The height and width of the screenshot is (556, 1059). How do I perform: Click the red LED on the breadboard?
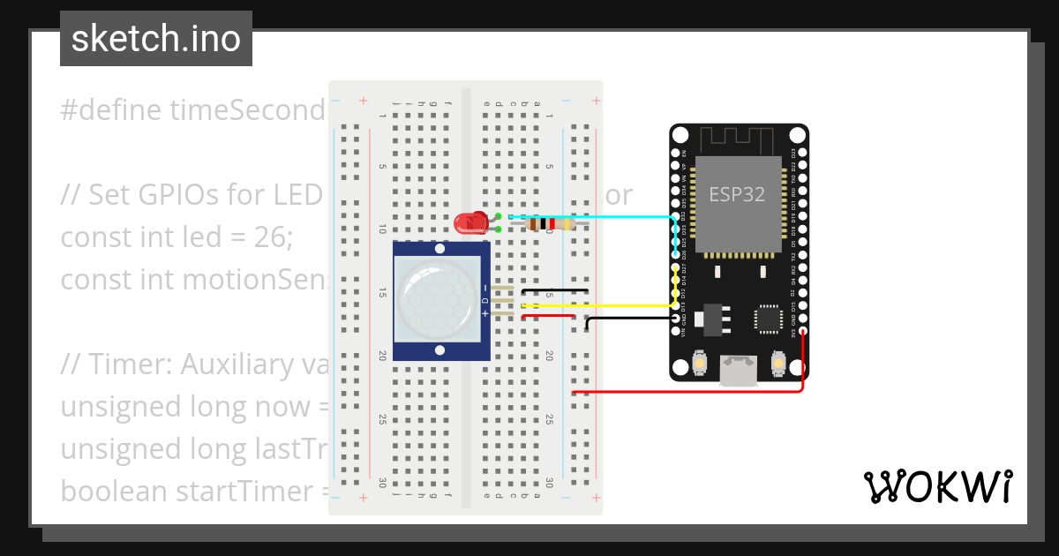[469, 223]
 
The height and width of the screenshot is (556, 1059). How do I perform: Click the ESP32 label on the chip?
[737, 193]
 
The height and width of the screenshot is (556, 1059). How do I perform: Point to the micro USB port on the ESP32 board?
[738, 370]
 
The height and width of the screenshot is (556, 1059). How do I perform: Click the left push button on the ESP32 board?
[699, 362]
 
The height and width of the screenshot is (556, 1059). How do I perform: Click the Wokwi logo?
[937, 486]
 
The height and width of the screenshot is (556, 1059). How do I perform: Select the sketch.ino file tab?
[156, 39]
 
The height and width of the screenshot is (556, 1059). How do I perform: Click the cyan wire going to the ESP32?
[618, 216]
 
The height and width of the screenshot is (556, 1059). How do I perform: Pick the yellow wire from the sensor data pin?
[600, 306]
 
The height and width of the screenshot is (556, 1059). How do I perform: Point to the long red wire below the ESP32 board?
[688, 391]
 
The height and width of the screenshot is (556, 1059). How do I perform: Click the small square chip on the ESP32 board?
[767, 319]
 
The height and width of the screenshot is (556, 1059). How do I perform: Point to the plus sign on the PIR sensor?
[484, 313]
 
